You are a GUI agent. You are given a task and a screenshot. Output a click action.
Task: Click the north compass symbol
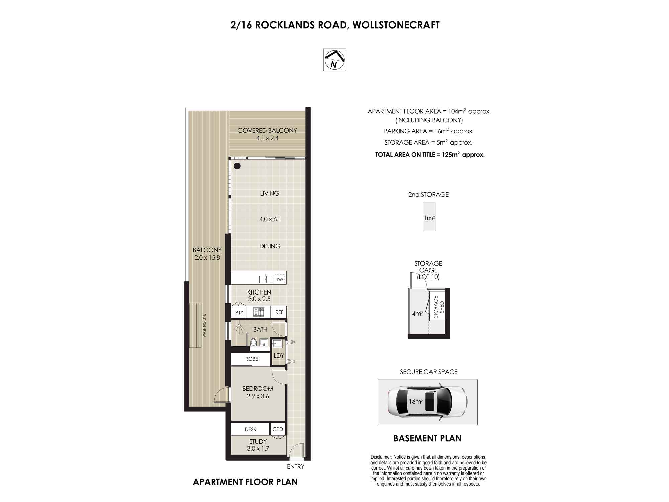coord(334,60)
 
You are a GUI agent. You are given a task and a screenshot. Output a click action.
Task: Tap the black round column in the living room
coord(237,166)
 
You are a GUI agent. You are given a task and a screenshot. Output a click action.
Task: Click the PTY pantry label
coord(239,312)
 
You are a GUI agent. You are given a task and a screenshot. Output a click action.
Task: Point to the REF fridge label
coord(279,312)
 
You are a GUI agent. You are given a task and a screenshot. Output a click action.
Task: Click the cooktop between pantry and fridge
coord(258,312)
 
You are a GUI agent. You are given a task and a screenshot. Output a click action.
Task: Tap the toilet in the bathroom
coord(254,342)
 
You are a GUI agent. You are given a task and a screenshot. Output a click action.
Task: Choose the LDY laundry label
coord(279,356)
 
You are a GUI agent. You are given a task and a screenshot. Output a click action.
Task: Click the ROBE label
coord(252,359)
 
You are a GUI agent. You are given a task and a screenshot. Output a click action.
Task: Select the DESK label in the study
coord(251,429)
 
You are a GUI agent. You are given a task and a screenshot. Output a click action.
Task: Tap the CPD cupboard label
coord(278,429)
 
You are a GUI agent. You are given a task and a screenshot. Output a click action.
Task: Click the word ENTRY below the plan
coord(296,466)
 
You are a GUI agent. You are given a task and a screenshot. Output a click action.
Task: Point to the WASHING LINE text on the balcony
coord(204,325)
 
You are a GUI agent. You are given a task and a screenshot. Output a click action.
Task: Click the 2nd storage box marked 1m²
coord(429,217)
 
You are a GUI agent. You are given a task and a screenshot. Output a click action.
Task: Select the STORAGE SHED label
coord(438,307)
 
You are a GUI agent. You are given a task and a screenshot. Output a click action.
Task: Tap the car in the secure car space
coord(427,402)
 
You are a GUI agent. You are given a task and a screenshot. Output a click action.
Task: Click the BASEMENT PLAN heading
coord(427,438)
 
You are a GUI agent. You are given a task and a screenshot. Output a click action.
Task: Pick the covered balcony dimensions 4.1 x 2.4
coord(267,138)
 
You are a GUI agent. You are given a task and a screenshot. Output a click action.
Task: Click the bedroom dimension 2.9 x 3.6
coord(258,396)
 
